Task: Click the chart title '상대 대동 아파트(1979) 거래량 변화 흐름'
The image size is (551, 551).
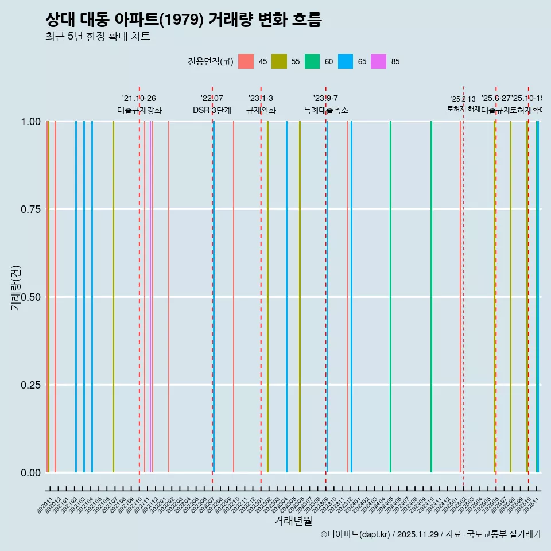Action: click(x=183, y=20)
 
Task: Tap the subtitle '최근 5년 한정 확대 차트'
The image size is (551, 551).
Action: click(x=98, y=37)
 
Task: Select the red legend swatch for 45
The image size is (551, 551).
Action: click(x=246, y=61)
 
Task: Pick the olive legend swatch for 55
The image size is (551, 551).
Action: click(x=279, y=61)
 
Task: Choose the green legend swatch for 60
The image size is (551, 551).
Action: click(x=312, y=61)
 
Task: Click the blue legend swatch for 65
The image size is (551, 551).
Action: click(x=346, y=61)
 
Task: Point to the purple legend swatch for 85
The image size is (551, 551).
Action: click(x=378, y=61)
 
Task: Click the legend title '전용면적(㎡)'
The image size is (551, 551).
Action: click(x=210, y=61)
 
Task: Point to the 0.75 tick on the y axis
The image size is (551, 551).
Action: click(x=30, y=209)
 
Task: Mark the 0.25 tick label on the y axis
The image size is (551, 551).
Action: click(x=30, y=385)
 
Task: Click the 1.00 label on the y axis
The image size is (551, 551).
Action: click(x=30, y=122)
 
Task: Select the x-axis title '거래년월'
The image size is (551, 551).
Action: click(x=293, y=521)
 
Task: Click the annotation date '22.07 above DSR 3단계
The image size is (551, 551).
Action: click(x=212, y=99)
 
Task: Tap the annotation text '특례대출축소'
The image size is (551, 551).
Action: click(x=326, y=110)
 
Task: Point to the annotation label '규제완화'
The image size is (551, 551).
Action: click(x=261, y=110)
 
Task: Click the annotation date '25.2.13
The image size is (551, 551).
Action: click(x=463, y=99)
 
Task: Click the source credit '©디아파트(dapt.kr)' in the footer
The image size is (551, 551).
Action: click(x=356, y=534)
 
